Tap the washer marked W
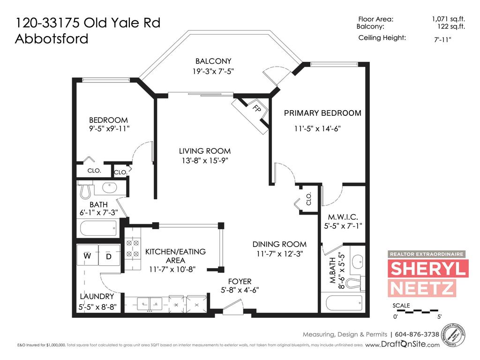click(87, 256)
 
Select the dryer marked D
click(109, 256)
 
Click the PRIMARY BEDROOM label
click(322, 113)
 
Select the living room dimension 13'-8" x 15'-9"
click(204, 161)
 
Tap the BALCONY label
click(213, 61)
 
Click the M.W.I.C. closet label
click(343, 217)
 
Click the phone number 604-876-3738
click(417, 334)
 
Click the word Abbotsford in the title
click(52, 38)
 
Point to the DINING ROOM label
click(279, 244)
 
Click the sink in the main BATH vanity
click(110, 188)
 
